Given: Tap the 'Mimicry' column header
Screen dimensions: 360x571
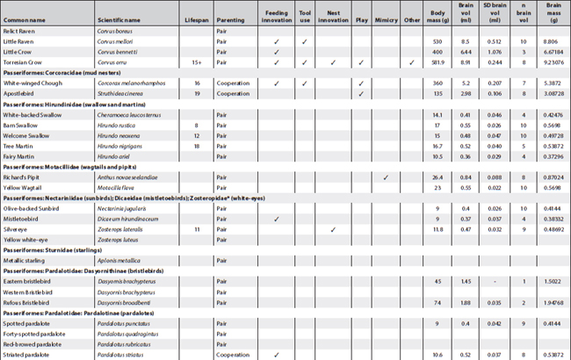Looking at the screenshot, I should click(x=386, y=14).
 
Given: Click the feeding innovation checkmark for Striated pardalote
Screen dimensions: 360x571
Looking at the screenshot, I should click(x=275, y=356).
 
